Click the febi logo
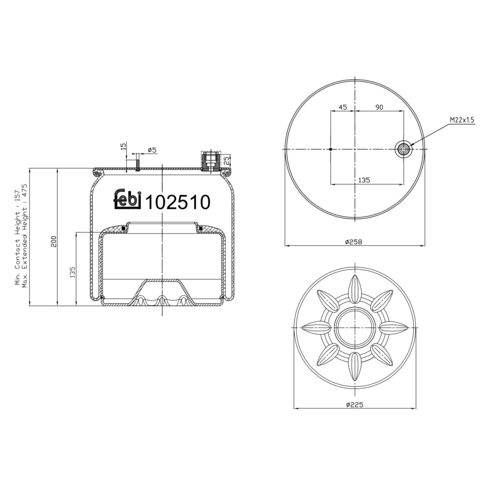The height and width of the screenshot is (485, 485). coord(128,198)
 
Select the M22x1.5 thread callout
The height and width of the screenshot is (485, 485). coord(462,120)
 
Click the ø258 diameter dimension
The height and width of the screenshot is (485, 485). coord(354,242)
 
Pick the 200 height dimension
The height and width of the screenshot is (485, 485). coord(54,241)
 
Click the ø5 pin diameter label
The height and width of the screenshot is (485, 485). coord(152,150)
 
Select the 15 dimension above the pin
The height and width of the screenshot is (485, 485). coord(123,146)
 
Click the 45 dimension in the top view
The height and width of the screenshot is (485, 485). coord(343,107)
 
